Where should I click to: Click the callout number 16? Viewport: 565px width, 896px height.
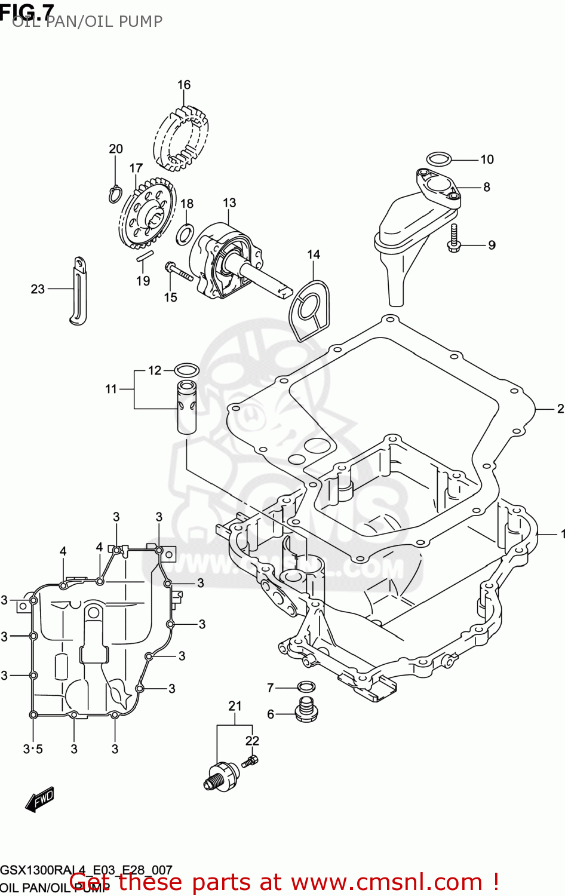click(x=184, y=85)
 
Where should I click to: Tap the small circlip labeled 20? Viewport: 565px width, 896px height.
click(x=116, y=193)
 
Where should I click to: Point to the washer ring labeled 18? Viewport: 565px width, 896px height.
click(x=185, y=235)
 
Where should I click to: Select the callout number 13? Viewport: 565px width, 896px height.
click(x=229, y=203)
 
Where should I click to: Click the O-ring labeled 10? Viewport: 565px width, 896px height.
click(x=438, y=159)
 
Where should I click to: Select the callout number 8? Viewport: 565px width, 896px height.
click(x=487, y=187)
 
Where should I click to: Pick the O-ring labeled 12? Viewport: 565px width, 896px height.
click(x=186, y=369)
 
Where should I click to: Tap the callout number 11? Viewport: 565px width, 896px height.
click(x=111, y=389)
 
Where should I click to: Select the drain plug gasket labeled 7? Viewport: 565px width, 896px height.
click(x=306, y=687)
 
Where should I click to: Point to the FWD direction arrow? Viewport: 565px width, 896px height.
click(x=40, y=799)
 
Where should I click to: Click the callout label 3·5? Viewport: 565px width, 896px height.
click(x=33, y=749)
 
